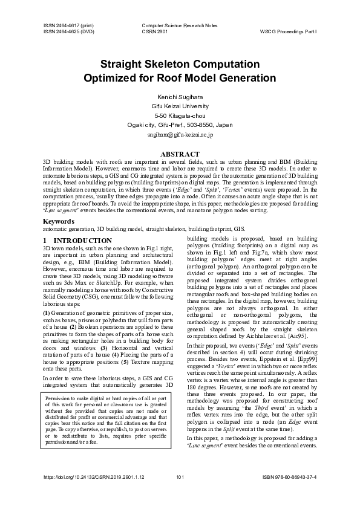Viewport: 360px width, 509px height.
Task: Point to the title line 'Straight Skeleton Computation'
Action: pos(180,64)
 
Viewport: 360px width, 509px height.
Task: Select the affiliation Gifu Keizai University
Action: pos(180,106)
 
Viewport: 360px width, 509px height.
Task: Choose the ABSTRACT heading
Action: pos(180,155)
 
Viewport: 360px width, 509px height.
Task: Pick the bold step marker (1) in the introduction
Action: pos(47,313)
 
